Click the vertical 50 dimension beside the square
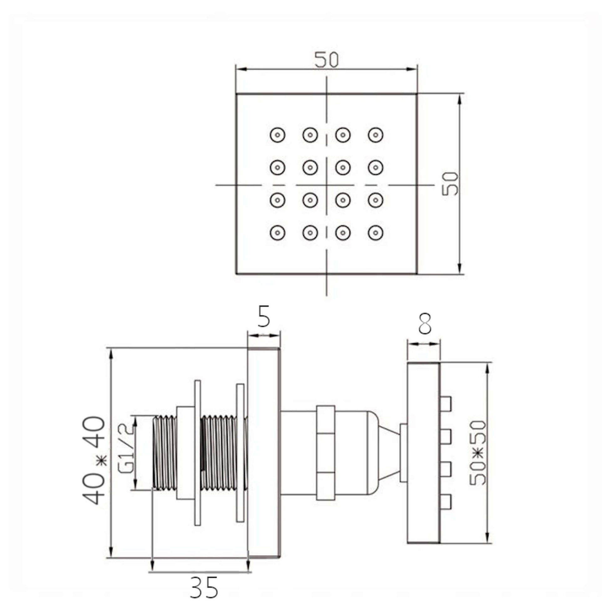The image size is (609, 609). coord(450,184)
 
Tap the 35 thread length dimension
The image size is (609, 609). coord(204,587)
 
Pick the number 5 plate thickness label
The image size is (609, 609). coord(264,316)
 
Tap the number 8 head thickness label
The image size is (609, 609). coord(425,324)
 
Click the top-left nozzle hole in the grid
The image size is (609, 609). coord(277,135)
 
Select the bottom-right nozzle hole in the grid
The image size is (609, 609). coord(376,233)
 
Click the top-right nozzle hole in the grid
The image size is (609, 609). coord(376,135)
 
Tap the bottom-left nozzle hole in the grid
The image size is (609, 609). coord(277,233)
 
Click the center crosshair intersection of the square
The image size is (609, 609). coord(327,185)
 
